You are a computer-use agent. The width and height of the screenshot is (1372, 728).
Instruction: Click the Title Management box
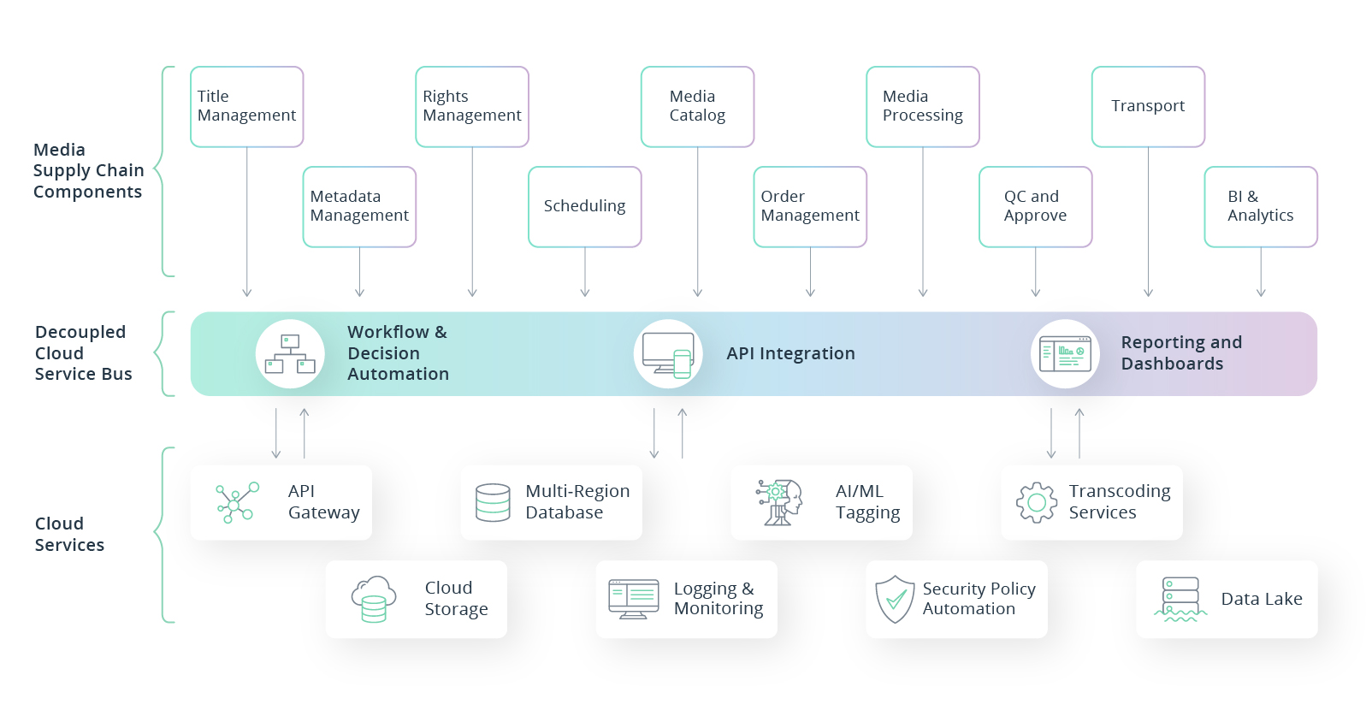(246, 107)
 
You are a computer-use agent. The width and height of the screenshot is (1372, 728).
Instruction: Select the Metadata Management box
(359, 207)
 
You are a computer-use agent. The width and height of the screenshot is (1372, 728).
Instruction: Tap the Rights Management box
(471, 107)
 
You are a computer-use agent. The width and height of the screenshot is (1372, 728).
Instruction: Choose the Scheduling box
(584, 207)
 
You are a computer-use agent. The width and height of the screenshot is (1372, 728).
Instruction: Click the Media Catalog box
(697, 107)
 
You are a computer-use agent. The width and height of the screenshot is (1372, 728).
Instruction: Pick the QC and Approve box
(1035, 207)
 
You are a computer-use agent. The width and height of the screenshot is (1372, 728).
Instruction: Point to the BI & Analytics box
(1260, 207)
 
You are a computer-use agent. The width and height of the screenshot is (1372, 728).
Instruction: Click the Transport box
(1148, 107)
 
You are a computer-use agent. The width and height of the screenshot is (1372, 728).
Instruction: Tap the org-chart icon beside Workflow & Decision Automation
(290, 354)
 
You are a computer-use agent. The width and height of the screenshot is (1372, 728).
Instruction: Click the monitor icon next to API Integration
(668, 354)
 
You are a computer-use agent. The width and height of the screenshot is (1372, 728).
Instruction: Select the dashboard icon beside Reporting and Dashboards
(1065, 354)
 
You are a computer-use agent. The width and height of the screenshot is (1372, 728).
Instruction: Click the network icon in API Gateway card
(237, 503)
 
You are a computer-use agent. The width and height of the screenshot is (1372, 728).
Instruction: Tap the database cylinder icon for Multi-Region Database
(493, 503)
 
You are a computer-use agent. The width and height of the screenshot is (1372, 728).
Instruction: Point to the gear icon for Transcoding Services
(1036, 503)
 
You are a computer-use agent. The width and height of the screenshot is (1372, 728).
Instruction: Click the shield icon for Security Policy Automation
(895, 599)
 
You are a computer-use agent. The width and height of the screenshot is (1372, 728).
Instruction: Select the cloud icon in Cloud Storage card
(374, 599)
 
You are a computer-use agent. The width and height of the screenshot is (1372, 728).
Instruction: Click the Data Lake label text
(1261, 599)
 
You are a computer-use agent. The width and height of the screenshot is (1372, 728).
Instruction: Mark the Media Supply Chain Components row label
(88, 171)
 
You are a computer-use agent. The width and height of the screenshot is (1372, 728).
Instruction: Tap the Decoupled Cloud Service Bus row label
(83, 353)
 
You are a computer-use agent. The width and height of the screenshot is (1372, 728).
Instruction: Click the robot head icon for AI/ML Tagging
(779, 502)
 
